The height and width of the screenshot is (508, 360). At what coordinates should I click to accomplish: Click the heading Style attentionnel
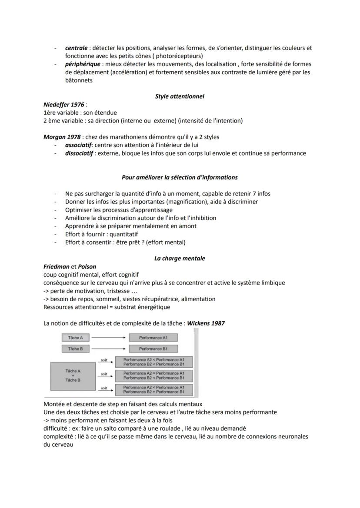click(180, 96)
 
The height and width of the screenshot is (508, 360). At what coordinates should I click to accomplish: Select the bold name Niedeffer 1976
click(64, 105)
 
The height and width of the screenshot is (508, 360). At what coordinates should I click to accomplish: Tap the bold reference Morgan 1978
click(62, 137)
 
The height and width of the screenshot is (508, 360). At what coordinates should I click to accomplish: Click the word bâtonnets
click(79, 80)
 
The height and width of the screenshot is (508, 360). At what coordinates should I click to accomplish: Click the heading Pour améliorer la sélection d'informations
click(180, 177)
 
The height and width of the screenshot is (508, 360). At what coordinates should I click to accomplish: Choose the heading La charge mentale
click(180, 258)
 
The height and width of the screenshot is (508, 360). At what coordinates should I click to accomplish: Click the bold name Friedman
click(57, 266)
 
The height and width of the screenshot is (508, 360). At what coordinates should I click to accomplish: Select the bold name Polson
click(87, 266)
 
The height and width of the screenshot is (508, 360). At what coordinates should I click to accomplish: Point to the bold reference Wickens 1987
click(206, 323)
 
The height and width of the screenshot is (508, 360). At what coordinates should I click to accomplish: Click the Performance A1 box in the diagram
click(153, 338)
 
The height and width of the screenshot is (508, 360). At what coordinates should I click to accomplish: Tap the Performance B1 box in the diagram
click(153, 349)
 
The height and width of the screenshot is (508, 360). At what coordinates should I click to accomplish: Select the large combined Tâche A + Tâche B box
click(73, 375)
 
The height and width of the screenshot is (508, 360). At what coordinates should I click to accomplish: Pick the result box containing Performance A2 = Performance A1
click(154, 375)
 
